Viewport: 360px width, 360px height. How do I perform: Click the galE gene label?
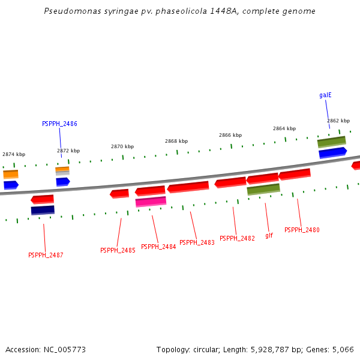(x=325, y=95)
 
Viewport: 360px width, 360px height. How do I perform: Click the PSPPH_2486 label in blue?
(x=59, y=124)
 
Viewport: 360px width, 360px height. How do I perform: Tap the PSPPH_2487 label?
(x=46, y=255)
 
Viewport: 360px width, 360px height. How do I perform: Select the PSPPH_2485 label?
(x=118, y=250)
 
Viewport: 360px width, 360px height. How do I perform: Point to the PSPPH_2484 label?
(x=158, y=247)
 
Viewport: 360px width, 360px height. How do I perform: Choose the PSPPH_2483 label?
(x=197, y=242)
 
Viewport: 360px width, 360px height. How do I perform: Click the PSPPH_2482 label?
(x=237, y=238)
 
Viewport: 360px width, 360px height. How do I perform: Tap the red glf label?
(x=269, y=235)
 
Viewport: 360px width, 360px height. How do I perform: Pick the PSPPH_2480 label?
(x=302, y=230)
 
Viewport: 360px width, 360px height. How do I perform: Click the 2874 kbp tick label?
(x=14, y=154)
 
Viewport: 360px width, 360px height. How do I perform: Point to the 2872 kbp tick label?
(x=68, y=151)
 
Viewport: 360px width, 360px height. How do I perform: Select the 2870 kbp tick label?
(x=122, y=146)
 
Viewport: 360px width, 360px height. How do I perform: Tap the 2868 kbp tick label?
(x=176, y=141)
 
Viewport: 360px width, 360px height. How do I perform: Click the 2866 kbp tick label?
(x=230, y=135)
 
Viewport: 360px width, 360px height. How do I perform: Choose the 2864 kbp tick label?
(x=284, y=128)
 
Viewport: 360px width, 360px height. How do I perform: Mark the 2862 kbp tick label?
(x=338, y=121)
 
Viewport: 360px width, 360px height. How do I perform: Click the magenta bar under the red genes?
(x=151, y=202)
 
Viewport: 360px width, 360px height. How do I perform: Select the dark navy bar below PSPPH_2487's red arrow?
(x=43, y=210)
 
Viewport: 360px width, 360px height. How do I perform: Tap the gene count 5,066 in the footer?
(x=342, y=349)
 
